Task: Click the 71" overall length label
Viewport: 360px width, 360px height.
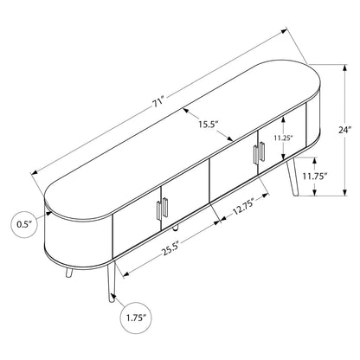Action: click(x=158, y=103)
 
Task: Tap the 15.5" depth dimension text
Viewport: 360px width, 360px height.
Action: click(x=208, y=125)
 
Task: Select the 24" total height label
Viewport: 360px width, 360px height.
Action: click(x=345, y=130)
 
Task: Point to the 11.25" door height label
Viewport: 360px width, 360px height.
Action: click(x=284, y=138)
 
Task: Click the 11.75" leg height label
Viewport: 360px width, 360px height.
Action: click(x=314, y=176)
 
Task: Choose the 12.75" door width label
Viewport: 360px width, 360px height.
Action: click(x=243, y=207)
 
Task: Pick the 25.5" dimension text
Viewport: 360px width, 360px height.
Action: click(x=170, y=248)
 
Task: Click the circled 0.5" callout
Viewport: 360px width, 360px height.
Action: click(x=25, y=224)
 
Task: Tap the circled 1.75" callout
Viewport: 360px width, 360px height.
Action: click(x=135, y=318)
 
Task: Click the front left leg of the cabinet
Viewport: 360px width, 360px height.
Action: click(x=112, y=281)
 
